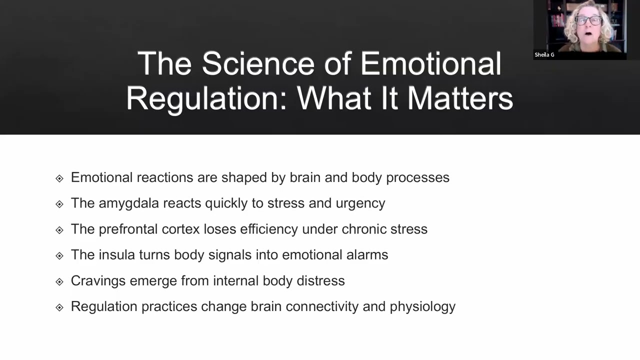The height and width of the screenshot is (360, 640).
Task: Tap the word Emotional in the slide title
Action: [430, 64]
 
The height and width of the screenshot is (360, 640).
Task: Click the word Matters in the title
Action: [460, 98]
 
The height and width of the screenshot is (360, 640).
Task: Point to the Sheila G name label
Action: [544, 55]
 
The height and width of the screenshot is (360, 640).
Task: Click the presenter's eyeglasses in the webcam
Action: [588, 21]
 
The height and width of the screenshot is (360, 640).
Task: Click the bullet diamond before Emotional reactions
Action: [59, 178]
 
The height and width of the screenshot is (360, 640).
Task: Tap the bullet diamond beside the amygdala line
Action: [59, 204]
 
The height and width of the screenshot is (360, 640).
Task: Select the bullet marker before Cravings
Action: [59, 281]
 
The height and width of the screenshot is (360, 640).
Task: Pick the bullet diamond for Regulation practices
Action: [59, 307]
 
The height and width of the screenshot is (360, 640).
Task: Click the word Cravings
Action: [98, 280]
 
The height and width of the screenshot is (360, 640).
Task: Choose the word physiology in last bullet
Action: [422, 306]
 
